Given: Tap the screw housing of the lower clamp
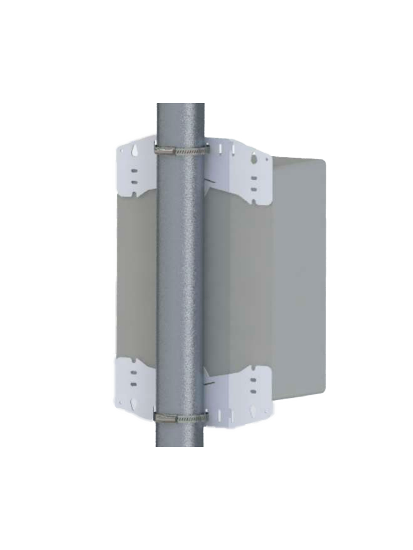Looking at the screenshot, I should point(165,418).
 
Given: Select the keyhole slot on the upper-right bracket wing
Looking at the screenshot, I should point(254,158).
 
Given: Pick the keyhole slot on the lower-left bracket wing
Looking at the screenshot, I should point(134,403).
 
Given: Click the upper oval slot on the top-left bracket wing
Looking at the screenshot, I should point(134,170).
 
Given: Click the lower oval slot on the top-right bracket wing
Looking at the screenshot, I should point(254,189).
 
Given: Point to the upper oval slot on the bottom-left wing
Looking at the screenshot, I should point(134,373).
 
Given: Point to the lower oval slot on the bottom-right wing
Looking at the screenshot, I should point(254,391).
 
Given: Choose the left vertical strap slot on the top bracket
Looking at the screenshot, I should point(219,148).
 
